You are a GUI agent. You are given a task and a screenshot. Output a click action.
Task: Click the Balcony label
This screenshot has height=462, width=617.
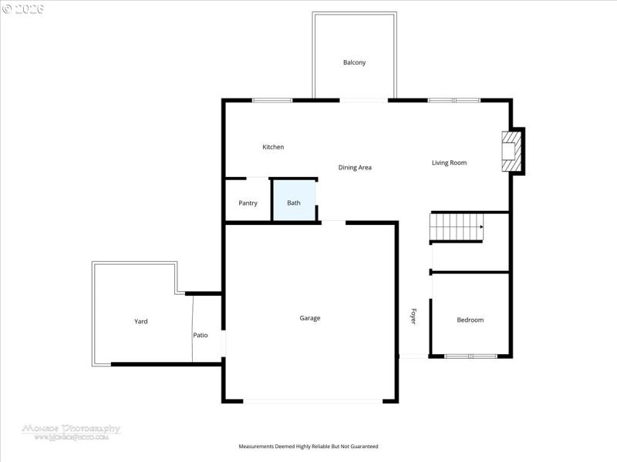pyautogui.click(x=354, y=62)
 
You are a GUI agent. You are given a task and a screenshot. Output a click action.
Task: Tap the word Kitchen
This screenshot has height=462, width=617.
pyautogui.click(x=273, y=147)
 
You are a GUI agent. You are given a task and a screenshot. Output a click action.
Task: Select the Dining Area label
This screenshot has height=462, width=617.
pyautogui.click(x=355, y=167)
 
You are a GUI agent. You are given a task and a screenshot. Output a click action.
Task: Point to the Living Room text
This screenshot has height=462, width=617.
pyautogui.click(x=449, y=162)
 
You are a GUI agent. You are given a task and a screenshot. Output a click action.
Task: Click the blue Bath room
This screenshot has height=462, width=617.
pyautogui.click(x=294, y=202)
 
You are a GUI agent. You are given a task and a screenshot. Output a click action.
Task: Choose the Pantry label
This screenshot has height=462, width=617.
pyautogui.click(x=248, y=203)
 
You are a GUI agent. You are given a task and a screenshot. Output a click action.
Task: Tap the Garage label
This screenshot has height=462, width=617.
pyautogui.click(x=310, y=318)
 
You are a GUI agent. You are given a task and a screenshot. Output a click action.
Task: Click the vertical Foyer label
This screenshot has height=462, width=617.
pyautogui.click(x=413, y=316)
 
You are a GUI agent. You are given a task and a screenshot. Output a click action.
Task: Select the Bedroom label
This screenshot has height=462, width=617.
pyautogui.click(x=470, y=320)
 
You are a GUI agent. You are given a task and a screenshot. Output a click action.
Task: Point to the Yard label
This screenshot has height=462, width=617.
pyautogui.click(x=140, y=321)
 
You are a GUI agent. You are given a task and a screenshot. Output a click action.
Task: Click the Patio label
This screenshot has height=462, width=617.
pyautogui.click(x=201, y=335)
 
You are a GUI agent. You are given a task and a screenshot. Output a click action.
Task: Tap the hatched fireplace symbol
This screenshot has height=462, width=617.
pyautogui.click(x=510, y=152)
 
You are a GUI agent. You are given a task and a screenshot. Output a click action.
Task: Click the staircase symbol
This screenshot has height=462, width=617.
pyautogui.click(x=455, y=227)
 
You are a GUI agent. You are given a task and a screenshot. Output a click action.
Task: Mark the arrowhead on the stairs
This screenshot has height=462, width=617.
pyautogui.click(x=481, y=227)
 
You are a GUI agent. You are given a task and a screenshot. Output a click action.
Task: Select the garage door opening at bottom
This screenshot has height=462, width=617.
pyautogui.click(x=312, y=400)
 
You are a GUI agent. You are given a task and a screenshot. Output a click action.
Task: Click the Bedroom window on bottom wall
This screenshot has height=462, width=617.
pyautogui.click(x=470, y=356)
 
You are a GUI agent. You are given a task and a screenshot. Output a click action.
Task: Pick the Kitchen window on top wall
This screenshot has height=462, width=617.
pyautogui.click(x=272, y=100)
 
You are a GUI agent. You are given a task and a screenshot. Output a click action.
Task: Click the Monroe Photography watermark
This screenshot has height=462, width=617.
pyautogui.click(x=71, y=430)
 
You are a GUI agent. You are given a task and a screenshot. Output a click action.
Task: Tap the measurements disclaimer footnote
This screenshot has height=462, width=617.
pyautogui.click(x=308, y=447)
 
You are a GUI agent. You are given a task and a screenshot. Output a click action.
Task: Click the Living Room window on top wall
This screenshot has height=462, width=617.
pyautogui.click(x=454, y=100)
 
